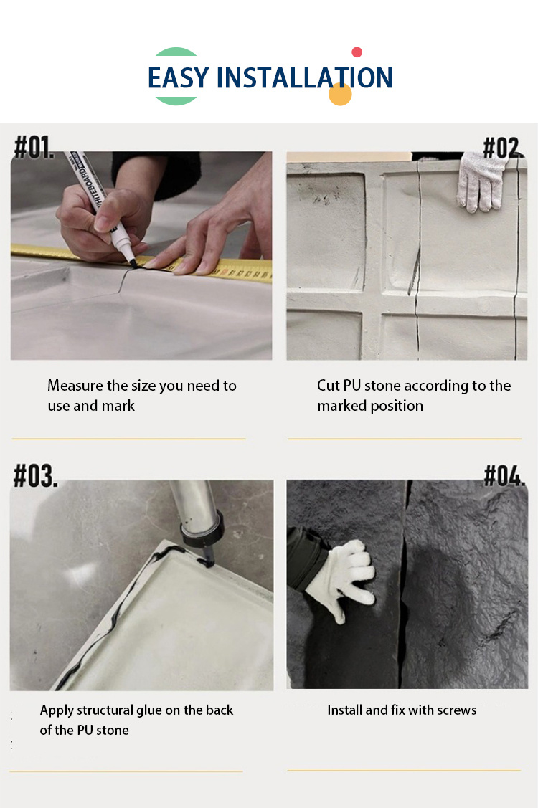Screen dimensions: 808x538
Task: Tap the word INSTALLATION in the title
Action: pyautogui.click(x=304, y=77)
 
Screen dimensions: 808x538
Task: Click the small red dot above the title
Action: pyautogui.click(x=357, y=52)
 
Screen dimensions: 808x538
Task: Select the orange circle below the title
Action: pyautogui.click(x=340, y=94)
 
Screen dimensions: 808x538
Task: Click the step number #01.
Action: pyautogui.click(x=34, y=146)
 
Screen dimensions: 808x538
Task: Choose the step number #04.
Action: pyautogui.click(x=504, y=475)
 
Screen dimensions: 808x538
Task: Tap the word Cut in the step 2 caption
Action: pyautogui.click(x=329, y=386)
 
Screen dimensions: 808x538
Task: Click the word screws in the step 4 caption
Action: pyautogui.click(x=455, y=710)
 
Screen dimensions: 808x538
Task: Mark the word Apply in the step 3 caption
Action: pyautogui.click(x=57, y=710)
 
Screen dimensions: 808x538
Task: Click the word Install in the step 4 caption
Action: pyautogui.click(x=345, y=710)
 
